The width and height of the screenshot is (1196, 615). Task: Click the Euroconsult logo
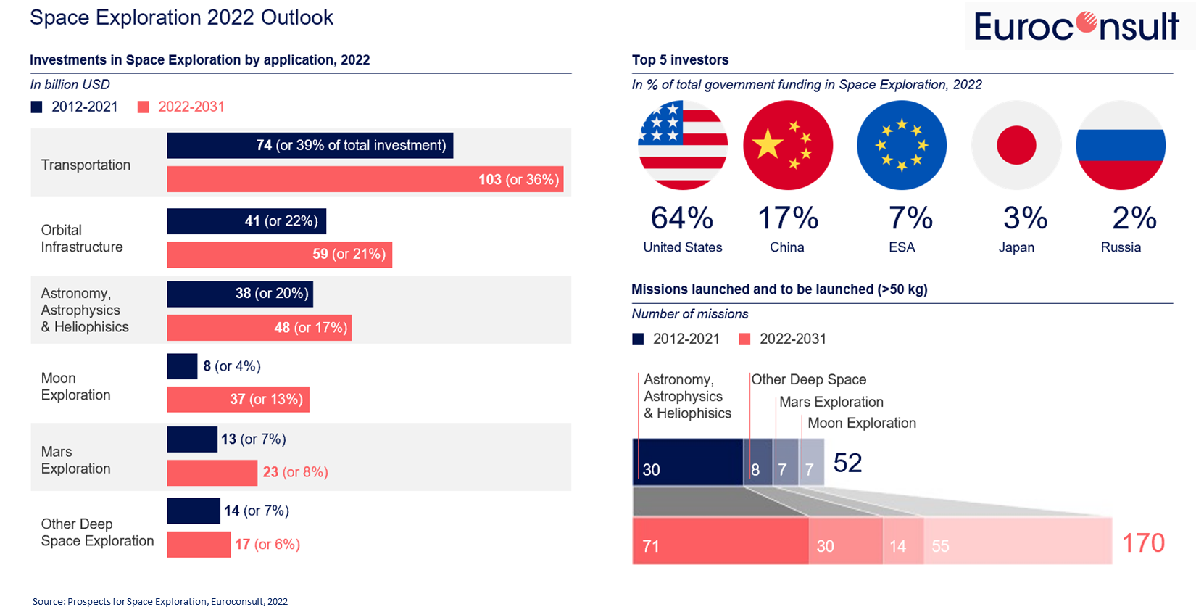tap(1077, 27)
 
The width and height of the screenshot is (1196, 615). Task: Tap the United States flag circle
tap(683, 145)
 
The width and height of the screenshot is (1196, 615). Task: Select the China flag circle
tap(788, 145)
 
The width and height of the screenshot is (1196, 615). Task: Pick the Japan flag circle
tap(1016, 145)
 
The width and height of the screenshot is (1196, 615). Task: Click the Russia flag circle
tap(1121, 145)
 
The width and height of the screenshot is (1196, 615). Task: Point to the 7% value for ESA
tap(910, 218)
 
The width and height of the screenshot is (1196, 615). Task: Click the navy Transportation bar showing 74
tap(310, 145)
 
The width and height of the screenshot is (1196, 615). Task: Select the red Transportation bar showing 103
tap(365, 179)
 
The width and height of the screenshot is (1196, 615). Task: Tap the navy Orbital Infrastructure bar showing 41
tap(246, 221)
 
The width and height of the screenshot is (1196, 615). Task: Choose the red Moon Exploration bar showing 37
tap(238, 399)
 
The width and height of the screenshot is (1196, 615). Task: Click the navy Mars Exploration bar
tap(191, 439)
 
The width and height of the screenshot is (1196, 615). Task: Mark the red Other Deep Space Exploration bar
tap(198, 544)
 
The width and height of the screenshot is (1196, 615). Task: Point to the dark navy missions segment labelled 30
tap(688, 462)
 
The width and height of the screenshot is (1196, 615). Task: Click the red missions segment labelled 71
tap(720, 541)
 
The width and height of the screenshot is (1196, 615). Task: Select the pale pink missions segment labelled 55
tap(1017, 541)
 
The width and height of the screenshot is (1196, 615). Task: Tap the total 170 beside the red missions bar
tap(1143, 542)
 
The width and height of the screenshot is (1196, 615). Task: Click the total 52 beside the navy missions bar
tap(847, 463)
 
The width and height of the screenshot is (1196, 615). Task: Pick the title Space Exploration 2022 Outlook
tap(181, 17)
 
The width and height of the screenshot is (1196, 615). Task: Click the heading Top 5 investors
tap(680, 60)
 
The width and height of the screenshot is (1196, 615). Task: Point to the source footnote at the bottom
tap(160, 601)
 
